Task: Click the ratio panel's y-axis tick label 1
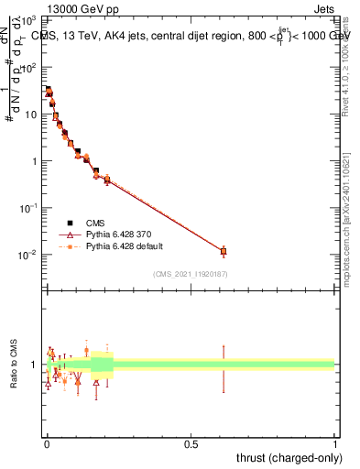point(35,365)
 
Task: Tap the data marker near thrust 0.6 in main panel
point(224,250)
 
